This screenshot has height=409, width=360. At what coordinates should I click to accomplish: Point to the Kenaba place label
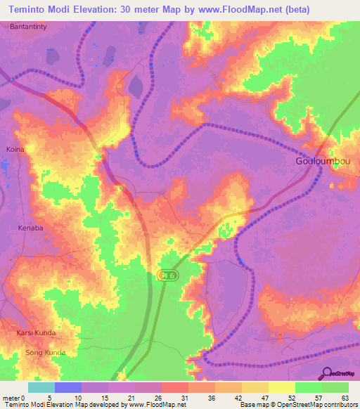31,228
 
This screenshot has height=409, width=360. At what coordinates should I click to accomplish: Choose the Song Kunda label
45,352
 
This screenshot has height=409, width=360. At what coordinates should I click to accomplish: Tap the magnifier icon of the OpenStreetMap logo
328,373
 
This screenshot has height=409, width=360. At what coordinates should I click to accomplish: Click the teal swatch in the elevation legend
41,387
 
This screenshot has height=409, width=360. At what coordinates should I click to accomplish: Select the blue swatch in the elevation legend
68,387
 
